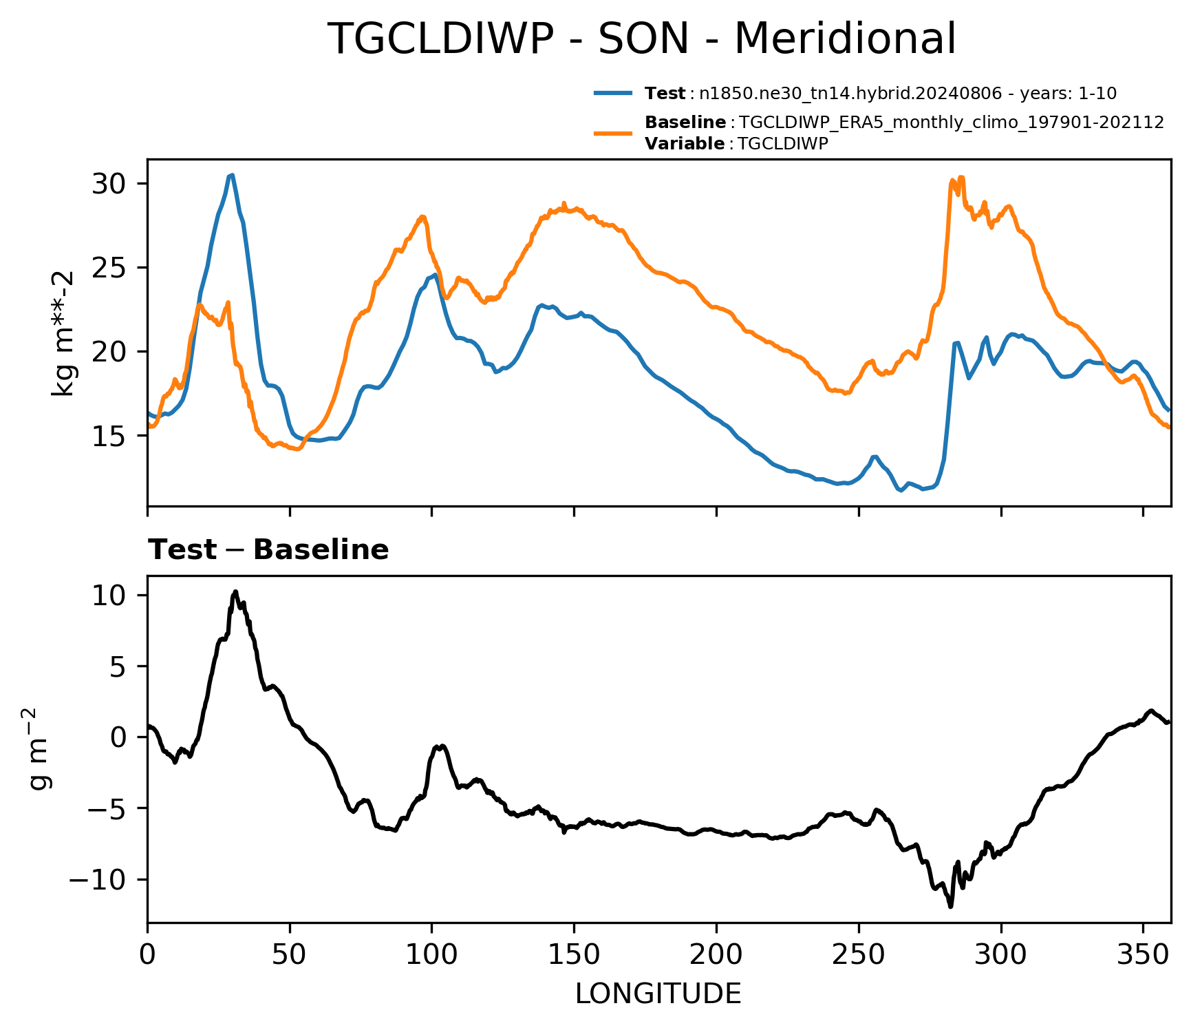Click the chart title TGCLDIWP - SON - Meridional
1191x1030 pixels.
coord(641,39)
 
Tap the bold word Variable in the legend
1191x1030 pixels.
coord(685,144)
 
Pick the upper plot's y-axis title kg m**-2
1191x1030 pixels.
coord(63,333)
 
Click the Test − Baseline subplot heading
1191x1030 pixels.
coord(269,550)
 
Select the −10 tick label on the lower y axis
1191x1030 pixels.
coord(103,880)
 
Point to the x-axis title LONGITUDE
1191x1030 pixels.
coord(658,994)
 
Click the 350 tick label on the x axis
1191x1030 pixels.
coord(1143,956)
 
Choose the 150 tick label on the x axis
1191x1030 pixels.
coord(574,956)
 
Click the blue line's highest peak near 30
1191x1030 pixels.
coord(233,175)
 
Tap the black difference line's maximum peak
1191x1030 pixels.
coord(235,591)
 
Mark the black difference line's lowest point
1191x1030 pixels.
coord(950,907)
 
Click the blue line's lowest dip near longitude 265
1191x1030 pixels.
coord(900,490)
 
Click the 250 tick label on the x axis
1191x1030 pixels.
coord(859,956)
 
